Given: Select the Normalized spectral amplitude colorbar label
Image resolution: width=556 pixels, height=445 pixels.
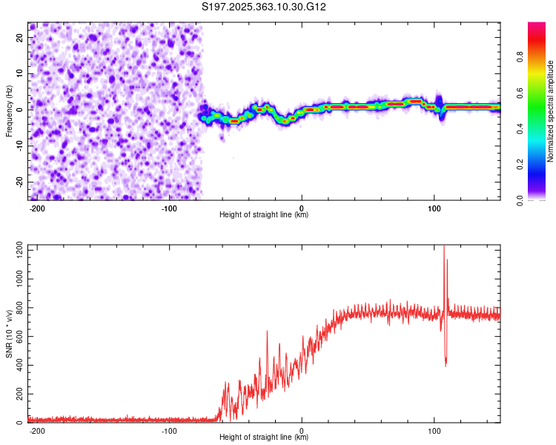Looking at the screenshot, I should (x=551, y=111).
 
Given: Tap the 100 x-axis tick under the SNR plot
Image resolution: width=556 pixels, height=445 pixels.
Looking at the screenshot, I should (x=434, y=431).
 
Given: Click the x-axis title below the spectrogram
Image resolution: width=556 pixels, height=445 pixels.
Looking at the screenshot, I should (x=264, y=215).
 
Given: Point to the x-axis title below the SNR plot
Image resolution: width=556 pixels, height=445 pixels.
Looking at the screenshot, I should (x=264, y=438).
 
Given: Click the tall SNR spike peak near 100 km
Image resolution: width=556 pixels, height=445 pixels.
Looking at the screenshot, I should (x=444, y=247).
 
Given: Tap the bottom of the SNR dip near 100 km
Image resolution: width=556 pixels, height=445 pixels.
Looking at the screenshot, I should (x=446, y=365).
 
